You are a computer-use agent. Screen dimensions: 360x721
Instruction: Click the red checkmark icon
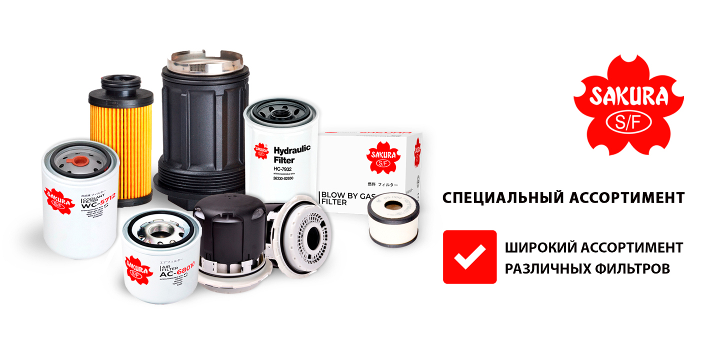[469, 257]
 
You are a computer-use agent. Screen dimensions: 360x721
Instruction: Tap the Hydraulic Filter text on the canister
[292, 154]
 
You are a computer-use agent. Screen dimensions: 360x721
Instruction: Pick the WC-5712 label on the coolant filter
[98, 202]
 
